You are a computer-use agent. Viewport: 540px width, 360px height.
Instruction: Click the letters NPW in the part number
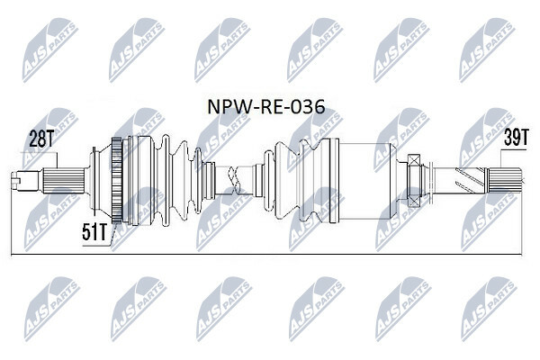(227, 109)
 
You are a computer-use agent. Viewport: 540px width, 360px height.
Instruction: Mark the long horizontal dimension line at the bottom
(270, 255)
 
